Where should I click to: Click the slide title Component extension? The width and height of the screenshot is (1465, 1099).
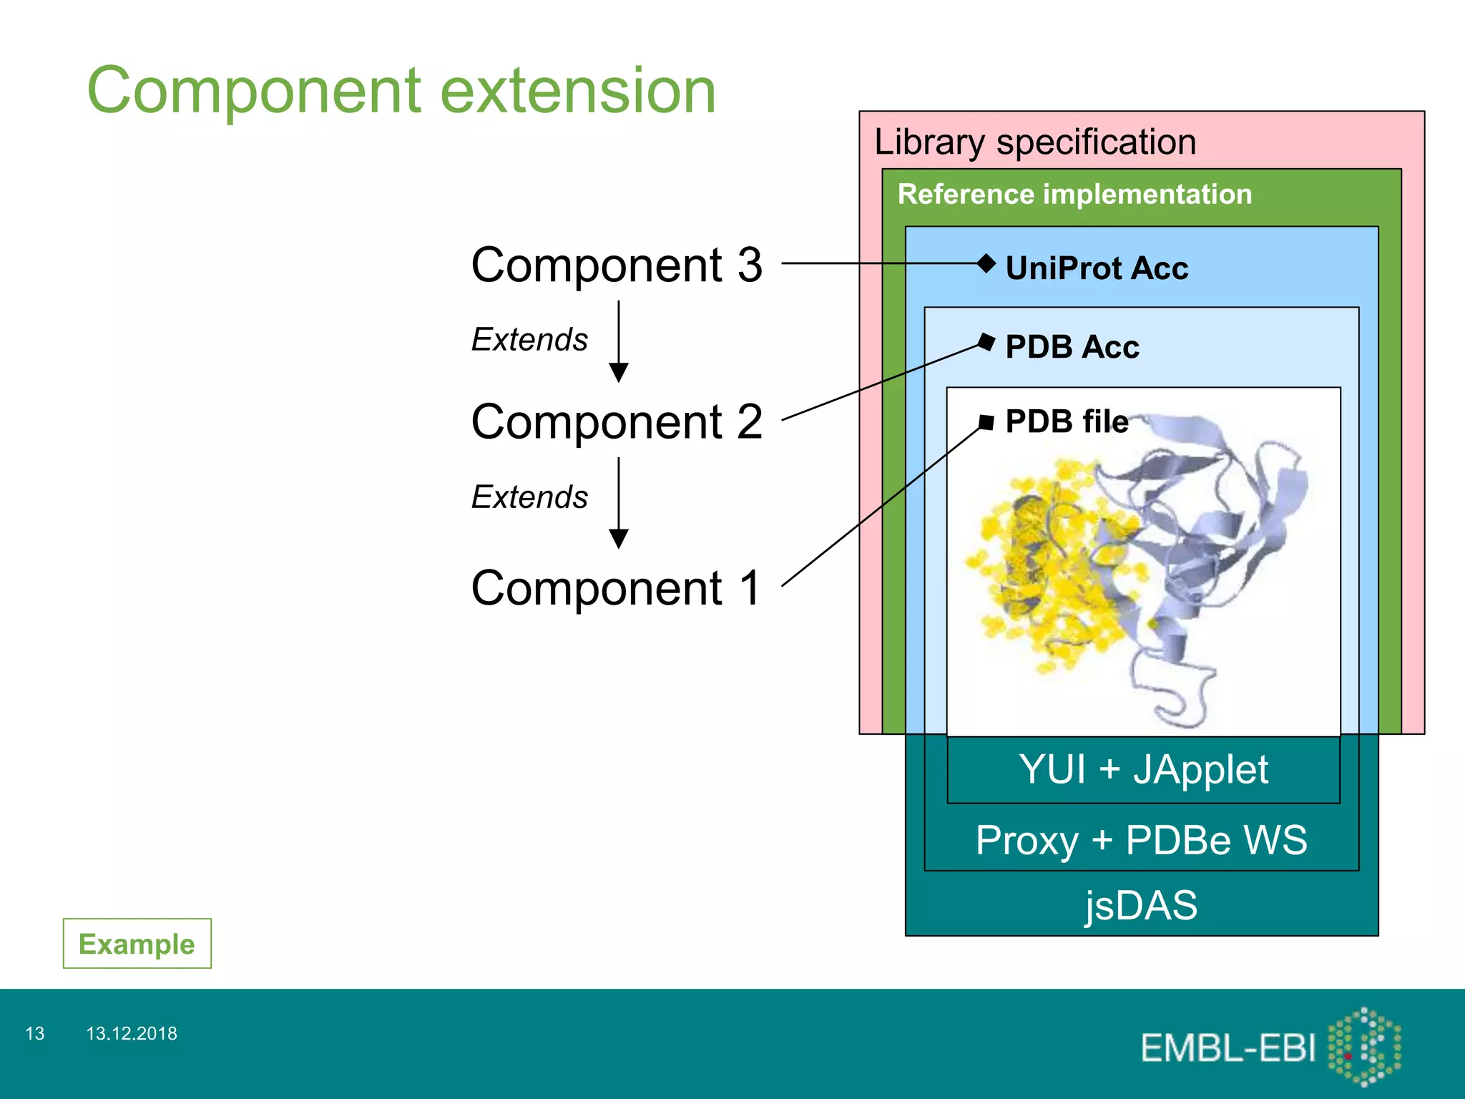point(401,91)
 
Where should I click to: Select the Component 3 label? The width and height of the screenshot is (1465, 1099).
point(617,265)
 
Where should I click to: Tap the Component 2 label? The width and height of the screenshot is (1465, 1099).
point(617,421)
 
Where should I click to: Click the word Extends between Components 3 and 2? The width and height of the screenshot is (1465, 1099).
point(529,340)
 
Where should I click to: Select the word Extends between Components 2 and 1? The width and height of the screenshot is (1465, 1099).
point(529,497)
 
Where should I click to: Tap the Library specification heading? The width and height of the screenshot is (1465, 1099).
point(1034,142)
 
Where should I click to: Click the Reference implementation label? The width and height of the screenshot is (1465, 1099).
point(1074,195)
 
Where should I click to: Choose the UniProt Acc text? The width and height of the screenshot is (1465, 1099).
point(1096,268)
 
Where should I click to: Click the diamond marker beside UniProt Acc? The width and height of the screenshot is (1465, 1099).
point(986,263)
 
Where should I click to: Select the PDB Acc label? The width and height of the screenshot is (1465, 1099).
point(1072,347)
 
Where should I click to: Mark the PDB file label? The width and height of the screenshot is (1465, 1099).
point(1066,421)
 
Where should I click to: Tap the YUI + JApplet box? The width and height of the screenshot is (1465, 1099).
point(1143,770)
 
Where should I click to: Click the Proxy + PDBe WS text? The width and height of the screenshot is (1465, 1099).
point(1141,840)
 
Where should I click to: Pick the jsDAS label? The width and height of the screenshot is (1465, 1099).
point(1141,905)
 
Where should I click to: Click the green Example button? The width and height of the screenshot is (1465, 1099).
point(137,944)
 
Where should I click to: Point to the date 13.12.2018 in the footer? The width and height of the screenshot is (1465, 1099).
point(132,1033)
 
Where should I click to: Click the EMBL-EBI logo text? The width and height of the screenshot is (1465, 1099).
point(1228,1048)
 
